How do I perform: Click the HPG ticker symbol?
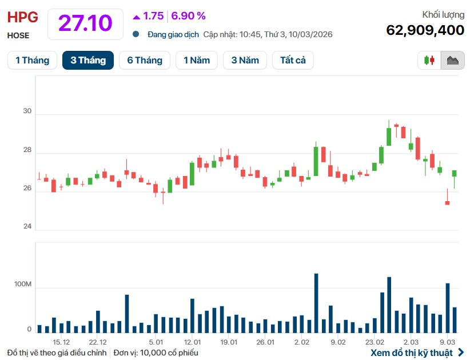[x=22, y=17]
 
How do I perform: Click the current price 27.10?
[x=85, y=23]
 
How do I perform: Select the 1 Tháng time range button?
[x=32, y=60]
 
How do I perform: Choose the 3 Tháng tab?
[x=88, y=60]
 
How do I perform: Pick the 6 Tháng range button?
[x=145, y=60]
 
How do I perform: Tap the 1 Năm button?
[x=197, y=60]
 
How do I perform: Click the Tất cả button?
[x=293, y=60]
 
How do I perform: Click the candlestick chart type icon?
[x=429, y=60]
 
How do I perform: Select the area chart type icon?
[x=452, y=60]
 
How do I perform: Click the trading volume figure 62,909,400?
[x=425, y=30]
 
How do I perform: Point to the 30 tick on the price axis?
[x=27, y=111]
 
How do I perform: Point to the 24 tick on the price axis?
[x=27, y=226]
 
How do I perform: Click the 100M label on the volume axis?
[x=23, y=285]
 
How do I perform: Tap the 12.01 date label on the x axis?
[x=192, y=342]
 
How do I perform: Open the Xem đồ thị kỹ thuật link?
[x=417, y=353]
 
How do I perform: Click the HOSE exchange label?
[x=18, y=35]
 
